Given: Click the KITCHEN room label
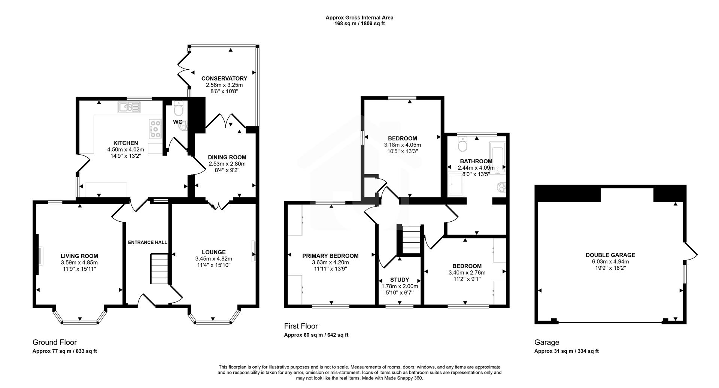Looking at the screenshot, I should pos(125,143).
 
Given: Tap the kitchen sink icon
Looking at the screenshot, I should pos(129,107).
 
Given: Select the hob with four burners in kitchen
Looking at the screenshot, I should pos(155,128).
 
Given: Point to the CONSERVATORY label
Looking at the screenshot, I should pos(224,78).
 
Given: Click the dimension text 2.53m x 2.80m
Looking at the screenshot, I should pos(227,164).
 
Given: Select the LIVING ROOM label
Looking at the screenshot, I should pos(79,256).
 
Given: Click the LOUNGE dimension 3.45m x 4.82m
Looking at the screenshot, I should pos(213,259).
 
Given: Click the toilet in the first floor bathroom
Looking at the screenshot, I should pos(463,144).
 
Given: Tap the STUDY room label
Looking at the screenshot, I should pos(400,280).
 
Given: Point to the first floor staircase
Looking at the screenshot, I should pos(411,240).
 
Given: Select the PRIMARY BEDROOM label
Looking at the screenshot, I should pos(330,256).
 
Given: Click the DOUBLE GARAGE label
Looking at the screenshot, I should pos(610,255).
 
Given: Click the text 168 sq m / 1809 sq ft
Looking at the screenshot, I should pos(359,24).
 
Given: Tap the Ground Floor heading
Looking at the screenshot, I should pos(55,342).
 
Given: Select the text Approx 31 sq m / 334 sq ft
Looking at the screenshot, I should pos(566,351).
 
